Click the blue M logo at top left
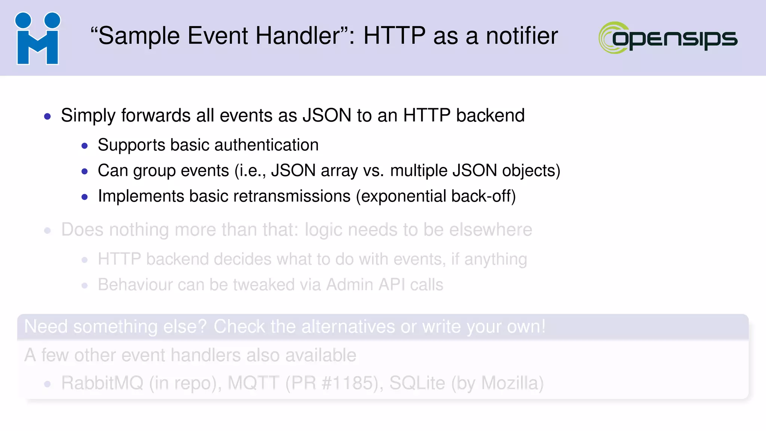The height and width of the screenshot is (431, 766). coord(37,38)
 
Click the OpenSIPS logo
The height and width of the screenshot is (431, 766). coord(668,37)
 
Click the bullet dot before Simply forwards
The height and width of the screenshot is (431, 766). coord(47,116)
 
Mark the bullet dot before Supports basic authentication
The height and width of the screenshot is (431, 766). coord(85,146)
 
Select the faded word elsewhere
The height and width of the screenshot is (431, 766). coord(490,230)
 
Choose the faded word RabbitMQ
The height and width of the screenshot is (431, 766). coord(102,383)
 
